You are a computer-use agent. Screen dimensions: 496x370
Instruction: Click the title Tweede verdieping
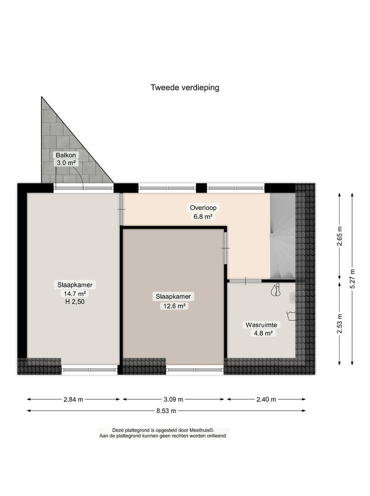coord(185,87)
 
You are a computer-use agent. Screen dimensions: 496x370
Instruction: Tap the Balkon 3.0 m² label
coord(65,159)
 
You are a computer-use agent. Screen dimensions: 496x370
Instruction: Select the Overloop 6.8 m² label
coord(203,212)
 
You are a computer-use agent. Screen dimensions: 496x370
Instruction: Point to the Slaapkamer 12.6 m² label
coord(173,301)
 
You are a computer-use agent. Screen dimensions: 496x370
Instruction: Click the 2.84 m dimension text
coord(73,399)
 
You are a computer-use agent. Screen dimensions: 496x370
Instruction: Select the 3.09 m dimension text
coord(174,399)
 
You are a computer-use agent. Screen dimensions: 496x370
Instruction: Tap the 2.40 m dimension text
coord(266,399)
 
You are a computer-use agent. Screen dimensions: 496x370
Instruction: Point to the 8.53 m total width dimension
coord(167,411)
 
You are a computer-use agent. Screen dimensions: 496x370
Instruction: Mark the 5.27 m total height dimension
coord(353,276)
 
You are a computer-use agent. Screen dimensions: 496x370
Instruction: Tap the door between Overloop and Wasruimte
coord(246,281)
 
